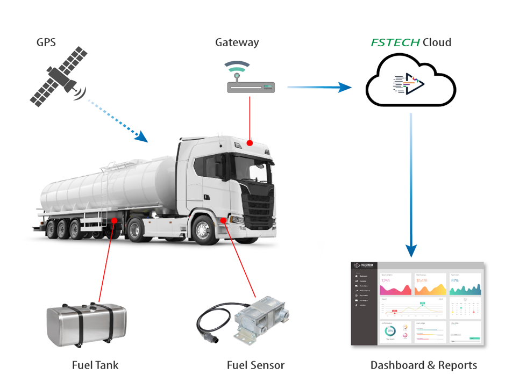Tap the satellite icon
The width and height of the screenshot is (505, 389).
pos(58,76)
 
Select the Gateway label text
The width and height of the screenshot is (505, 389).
pos(237,42)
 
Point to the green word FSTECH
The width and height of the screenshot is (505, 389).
pos(395,42)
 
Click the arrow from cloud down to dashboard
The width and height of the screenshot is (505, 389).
pos(411,183)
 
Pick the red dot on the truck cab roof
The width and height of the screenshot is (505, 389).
pos(250,142)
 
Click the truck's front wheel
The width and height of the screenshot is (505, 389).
pos(203,229)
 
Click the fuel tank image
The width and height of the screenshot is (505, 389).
pos(86,324)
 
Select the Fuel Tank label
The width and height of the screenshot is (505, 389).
pos(95,365)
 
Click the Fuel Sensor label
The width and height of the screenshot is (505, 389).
pos(255,365)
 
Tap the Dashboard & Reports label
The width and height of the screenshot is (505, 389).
pos(423,365)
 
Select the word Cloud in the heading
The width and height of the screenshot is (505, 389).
pos(437,42)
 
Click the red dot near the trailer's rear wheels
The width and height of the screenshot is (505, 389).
pos(114,221)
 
